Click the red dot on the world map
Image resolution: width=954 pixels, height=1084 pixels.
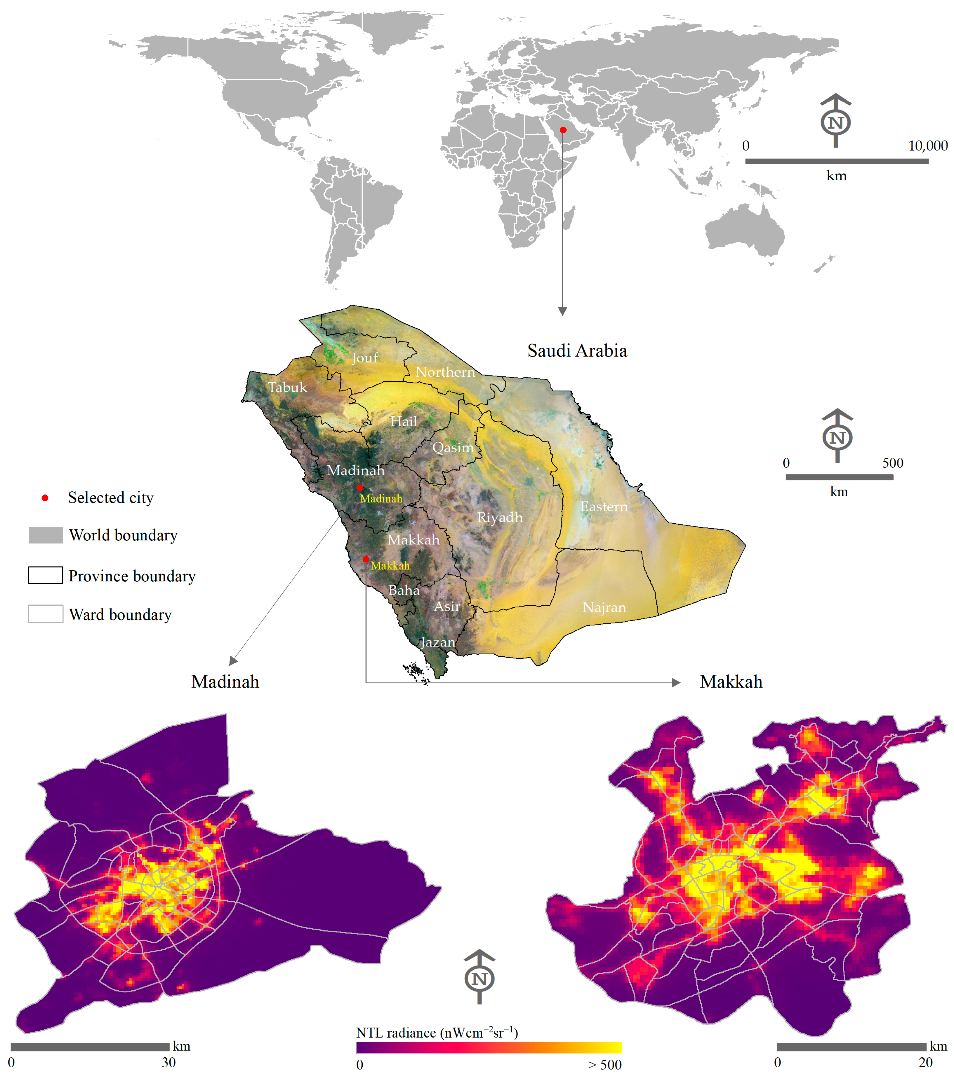(563, 130)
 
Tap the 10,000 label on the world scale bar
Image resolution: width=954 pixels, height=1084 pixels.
(928, 146)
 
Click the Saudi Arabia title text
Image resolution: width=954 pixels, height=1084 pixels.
(577, 351)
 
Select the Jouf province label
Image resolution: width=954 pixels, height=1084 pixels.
(365, 358)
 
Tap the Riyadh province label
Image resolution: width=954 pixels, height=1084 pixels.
(499, 517)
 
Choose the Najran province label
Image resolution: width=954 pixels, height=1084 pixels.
(604, 607)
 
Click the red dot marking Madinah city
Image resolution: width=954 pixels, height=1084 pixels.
(359, 487)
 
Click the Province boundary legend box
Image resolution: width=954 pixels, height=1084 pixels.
(46, 575)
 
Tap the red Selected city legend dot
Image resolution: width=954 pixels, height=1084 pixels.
(45, 497)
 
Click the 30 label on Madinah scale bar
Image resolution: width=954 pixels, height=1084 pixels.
(169, 1062)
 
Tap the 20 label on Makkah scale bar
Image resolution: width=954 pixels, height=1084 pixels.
(925, 1062)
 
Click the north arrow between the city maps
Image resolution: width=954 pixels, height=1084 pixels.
(479, 976)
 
